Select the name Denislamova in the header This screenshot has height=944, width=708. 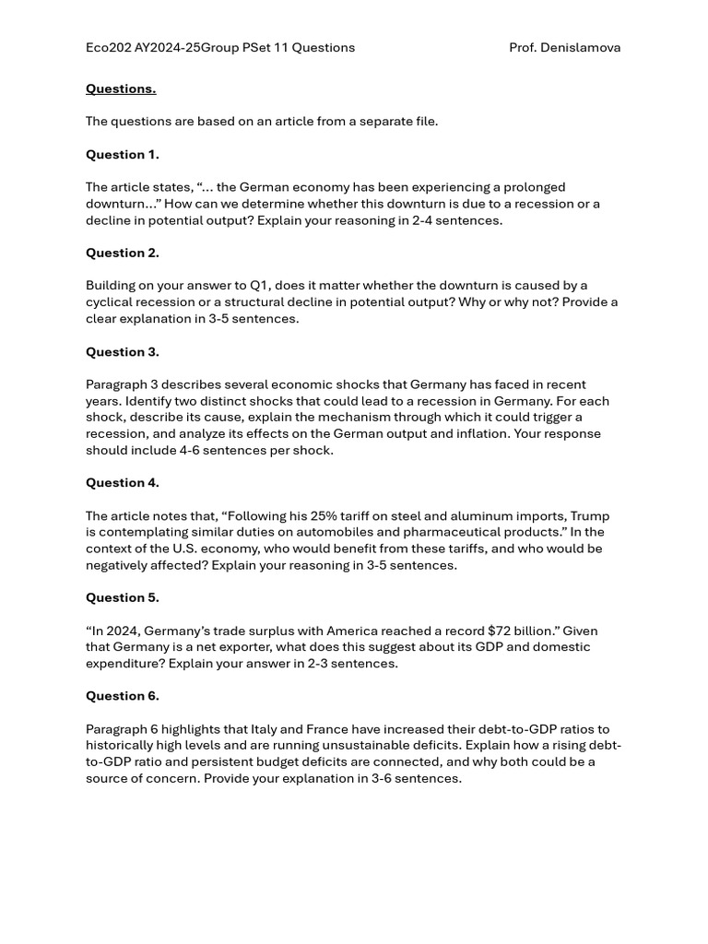(581, 48)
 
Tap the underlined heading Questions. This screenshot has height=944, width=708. (121, 88)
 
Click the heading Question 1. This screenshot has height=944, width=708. (122, 154)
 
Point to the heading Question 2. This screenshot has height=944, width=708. (122, 253)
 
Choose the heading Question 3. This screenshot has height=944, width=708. (122, 351)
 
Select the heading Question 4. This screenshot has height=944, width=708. (122, 482)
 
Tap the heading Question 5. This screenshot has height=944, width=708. (122, 597)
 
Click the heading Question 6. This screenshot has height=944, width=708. (122, 696)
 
